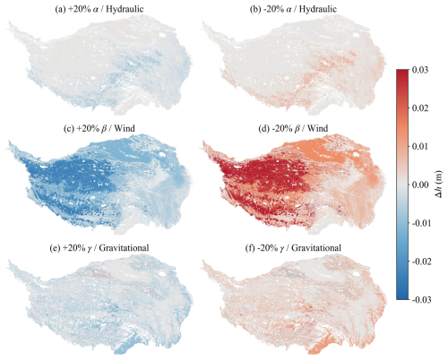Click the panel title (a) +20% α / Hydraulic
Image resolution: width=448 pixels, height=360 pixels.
[99, 9]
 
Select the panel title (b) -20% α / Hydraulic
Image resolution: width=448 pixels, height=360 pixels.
[293, 9]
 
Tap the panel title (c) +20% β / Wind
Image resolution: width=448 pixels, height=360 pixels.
[99, 128]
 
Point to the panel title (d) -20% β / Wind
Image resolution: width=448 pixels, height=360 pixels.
[293, 128]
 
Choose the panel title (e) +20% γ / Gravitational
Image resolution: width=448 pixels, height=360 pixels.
[99, 248]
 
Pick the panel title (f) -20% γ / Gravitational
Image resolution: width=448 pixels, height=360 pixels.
[293, 248]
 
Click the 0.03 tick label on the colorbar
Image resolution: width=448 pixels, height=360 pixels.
[420, 70]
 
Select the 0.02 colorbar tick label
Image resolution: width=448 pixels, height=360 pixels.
[420, 108]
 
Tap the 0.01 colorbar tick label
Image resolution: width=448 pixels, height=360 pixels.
[420, 146]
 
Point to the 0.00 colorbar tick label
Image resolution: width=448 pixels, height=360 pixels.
[420, 184]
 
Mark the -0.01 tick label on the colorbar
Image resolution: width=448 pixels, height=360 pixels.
[421, 223]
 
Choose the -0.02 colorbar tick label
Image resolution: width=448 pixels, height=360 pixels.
[421, 261]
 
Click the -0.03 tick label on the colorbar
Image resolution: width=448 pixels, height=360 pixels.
[421, 300]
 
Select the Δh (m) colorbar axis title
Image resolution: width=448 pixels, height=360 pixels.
[439, 184]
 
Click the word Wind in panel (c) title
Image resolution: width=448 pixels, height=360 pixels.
[125, 128]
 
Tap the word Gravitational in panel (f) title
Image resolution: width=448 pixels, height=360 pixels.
[316, 248]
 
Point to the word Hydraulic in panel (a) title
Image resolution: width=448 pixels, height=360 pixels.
[125, 9]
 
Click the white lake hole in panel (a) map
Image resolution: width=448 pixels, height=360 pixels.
[162, 35]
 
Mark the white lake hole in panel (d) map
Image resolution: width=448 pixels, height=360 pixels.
[356, 154]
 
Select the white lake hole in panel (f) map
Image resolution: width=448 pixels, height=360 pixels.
[356, 273]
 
